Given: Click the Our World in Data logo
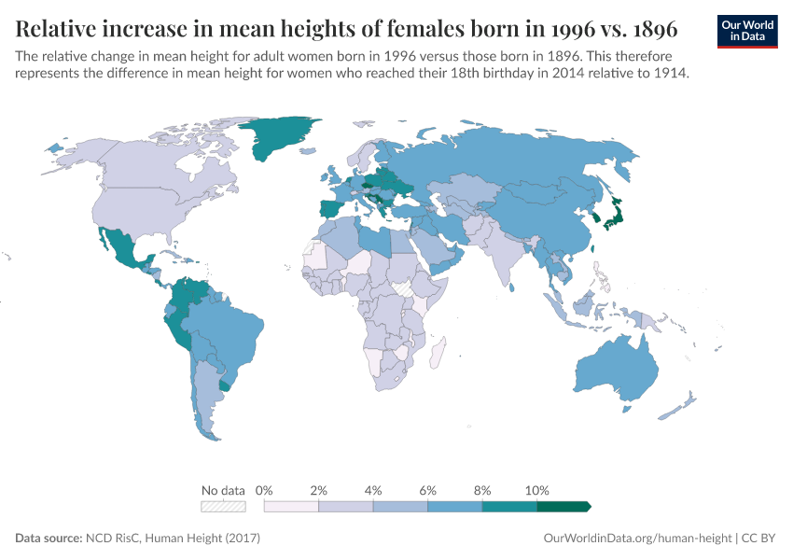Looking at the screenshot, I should click(x=746, y=30).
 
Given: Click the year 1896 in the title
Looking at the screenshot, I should click(x=644, y=30).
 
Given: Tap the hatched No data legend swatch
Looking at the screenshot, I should click(x=223, y=507).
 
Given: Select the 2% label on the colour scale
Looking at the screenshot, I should click(x=319, y=490).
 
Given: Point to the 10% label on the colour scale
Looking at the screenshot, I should click(x=537, y=490).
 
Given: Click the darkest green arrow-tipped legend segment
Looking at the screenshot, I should click(x=563, y=507).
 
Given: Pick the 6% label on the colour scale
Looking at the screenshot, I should click(x=428, y=490).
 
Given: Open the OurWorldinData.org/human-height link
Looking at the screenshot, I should click(x=637, y=539).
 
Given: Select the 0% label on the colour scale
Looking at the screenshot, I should click(x=264, y=490).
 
